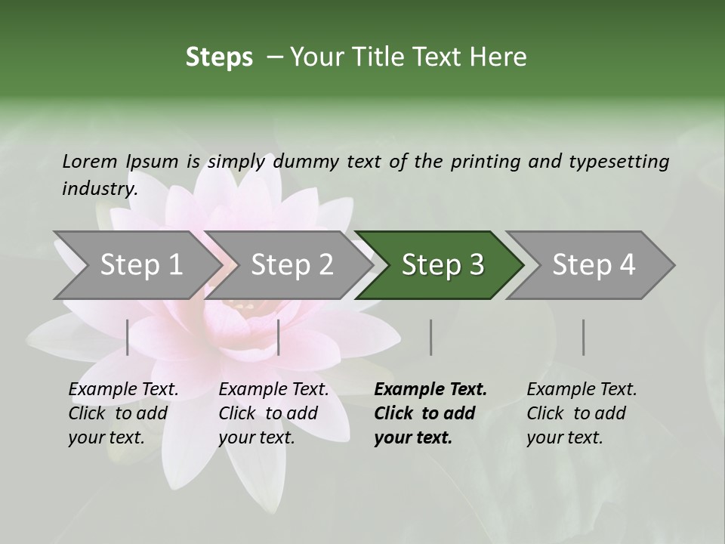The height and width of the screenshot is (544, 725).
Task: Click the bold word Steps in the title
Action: [219, 57]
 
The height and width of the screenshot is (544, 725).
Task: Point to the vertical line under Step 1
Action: [128, 337]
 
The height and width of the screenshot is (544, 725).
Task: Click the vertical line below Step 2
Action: [279, 337]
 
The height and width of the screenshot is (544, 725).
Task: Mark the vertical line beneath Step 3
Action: [430, 337]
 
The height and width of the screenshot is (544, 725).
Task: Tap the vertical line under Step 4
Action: [583, 337]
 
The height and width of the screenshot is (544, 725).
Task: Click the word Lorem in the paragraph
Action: [89, 161]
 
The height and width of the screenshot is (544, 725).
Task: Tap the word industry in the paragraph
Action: [99, 188]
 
